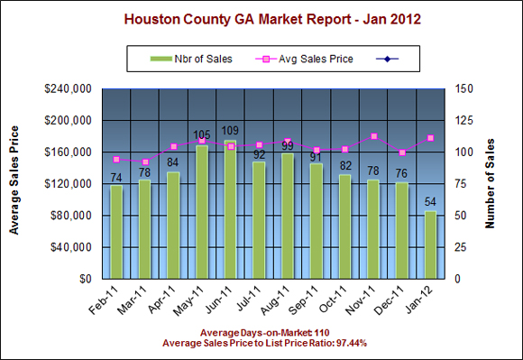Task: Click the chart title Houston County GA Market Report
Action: [x=261, y=18]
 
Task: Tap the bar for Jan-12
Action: [x=431, y=245]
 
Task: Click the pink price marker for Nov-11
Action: [x=374, y=136]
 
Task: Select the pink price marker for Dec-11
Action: [x=402, y=152]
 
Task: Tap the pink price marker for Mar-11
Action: [x=145, y=162]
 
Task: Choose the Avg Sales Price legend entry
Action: [x=307, y=60]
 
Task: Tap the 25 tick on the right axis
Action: [x=466, y=247]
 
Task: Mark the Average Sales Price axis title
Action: [x=14, y=184]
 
